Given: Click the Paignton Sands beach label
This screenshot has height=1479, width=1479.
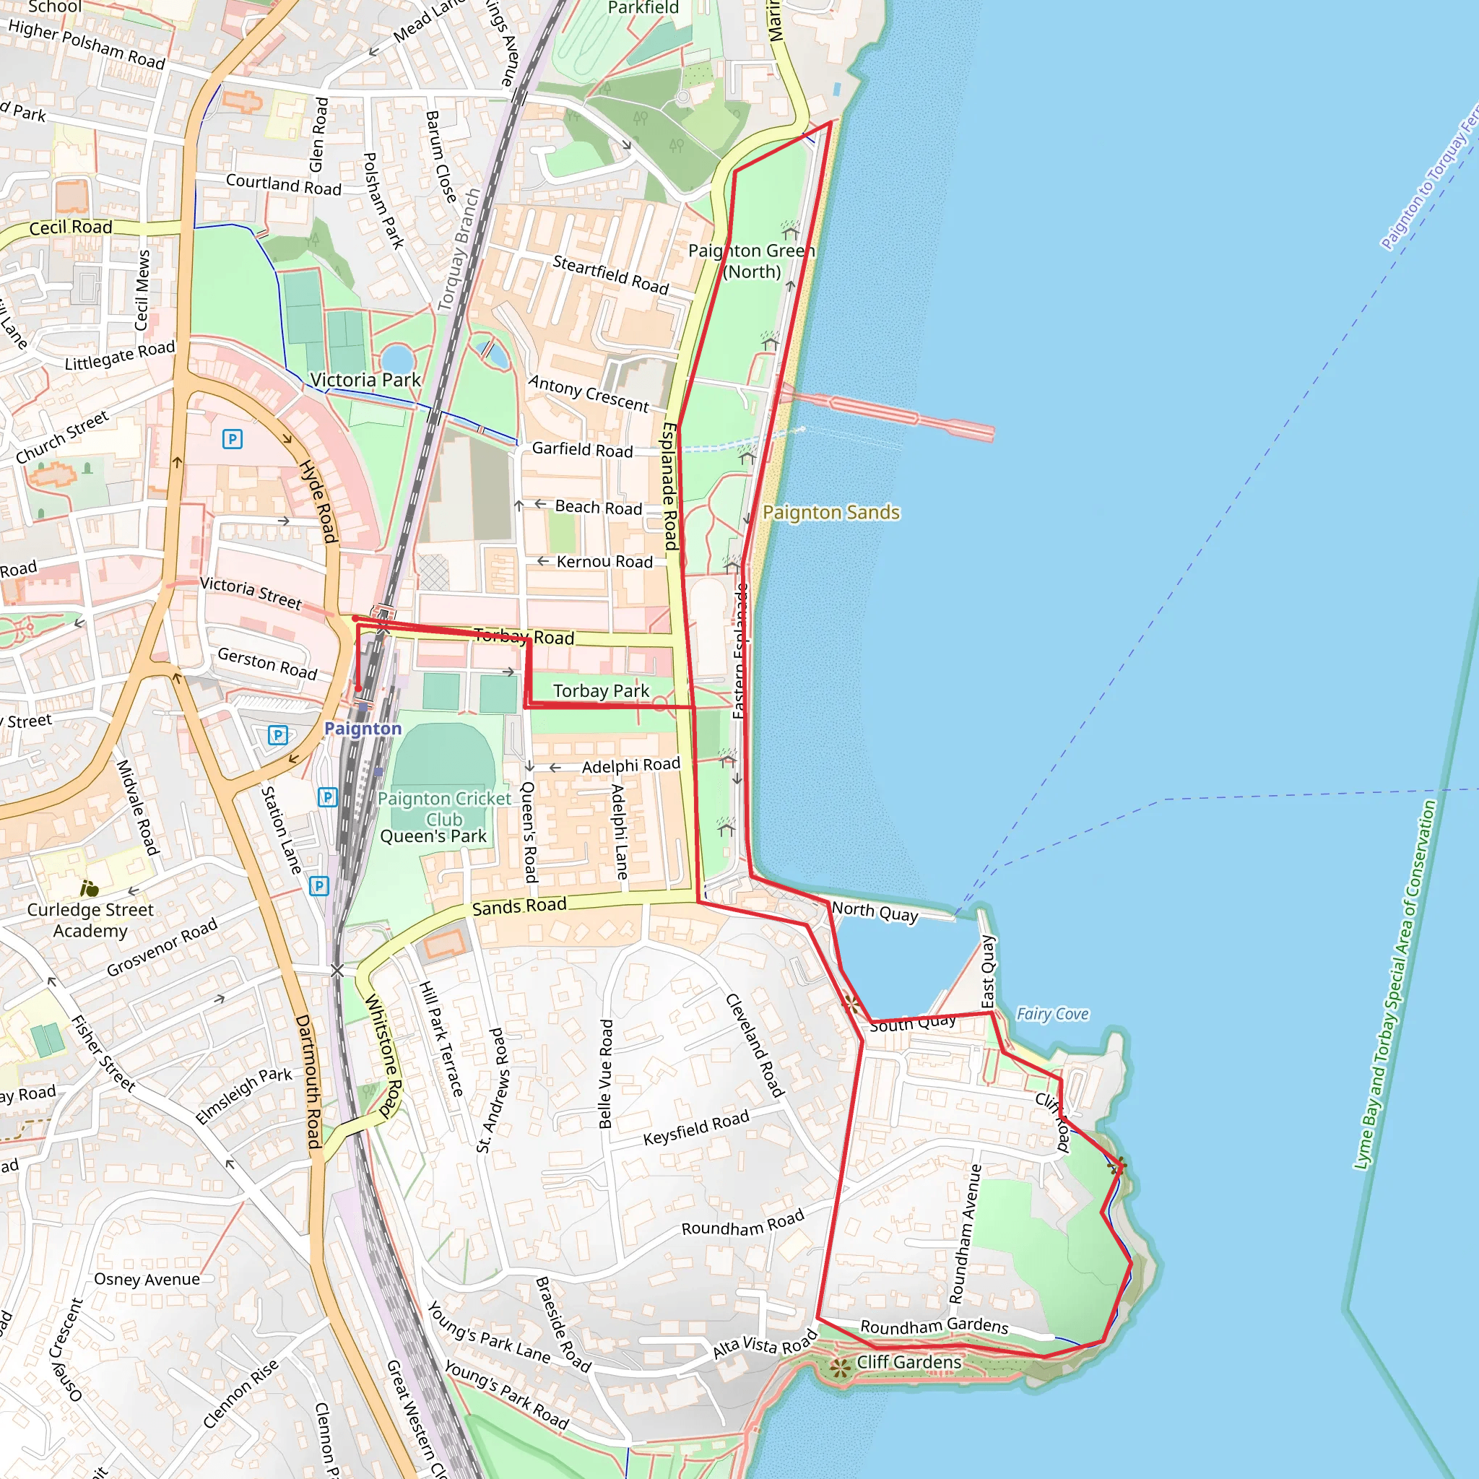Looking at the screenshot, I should tap(830, 512).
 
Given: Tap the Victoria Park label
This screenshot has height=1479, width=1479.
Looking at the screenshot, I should tap(365, 380).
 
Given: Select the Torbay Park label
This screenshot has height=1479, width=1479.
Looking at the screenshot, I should tap(601, 690).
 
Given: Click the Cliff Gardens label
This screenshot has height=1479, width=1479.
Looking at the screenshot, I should tap(908, 1362).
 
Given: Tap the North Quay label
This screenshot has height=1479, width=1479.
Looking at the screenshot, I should tap(875, 912).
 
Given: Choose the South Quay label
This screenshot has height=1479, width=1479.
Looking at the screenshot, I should tap(913, 1023).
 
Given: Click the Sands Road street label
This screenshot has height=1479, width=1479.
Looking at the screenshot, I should tap(519, 906).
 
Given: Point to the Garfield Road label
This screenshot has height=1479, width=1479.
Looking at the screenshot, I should tap(582, 449).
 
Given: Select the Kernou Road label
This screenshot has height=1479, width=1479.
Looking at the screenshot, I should tap(604, 562).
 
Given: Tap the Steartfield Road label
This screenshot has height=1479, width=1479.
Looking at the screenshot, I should tap(610, 275).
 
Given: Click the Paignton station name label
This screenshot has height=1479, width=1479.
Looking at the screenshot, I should tap(363, 728).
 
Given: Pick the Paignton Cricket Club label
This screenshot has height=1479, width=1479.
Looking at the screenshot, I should tap(444, 808).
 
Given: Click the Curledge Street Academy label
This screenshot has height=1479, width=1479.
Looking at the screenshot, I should tap(90, 919).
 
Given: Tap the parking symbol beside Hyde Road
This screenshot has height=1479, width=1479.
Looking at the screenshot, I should tap(232, 438).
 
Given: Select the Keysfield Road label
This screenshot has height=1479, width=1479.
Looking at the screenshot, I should tap(696, 1127).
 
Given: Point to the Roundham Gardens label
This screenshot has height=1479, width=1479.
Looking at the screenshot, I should tap(934, 1326).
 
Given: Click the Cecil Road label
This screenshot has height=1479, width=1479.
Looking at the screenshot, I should tap(71, 227).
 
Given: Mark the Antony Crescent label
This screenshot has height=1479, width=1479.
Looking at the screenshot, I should tap(588, 394).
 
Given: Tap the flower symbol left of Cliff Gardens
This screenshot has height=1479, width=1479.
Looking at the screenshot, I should tap(841, 1366).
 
